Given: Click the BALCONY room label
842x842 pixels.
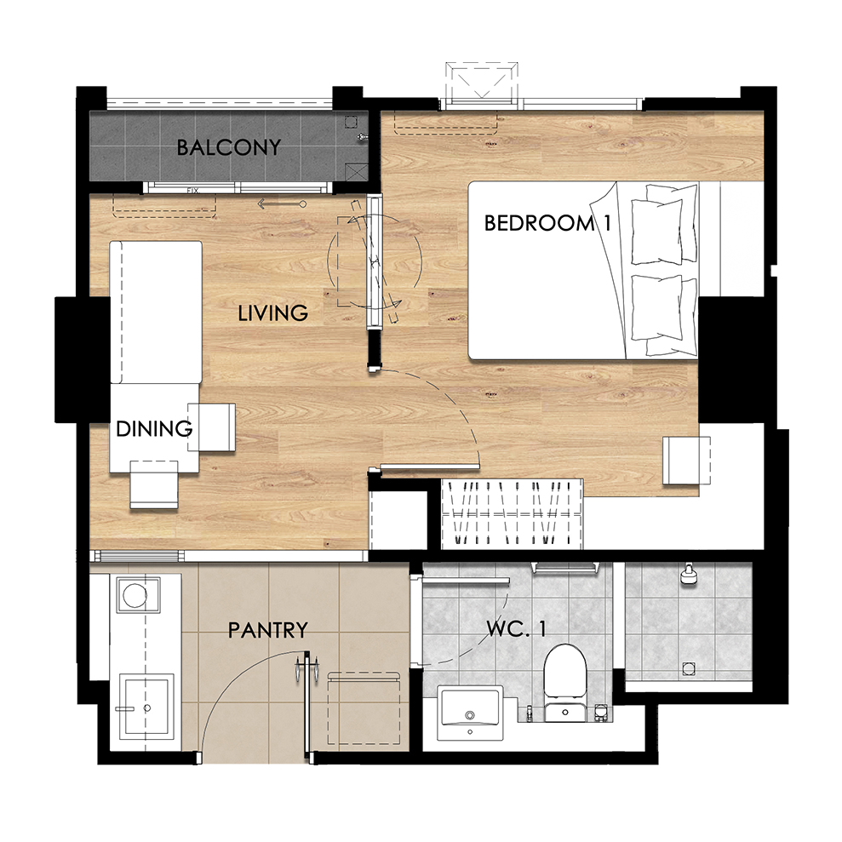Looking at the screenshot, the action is tap(229, 147).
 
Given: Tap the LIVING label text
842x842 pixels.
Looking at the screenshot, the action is tap(272, 313).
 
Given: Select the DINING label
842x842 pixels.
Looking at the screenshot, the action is tap(154, 428).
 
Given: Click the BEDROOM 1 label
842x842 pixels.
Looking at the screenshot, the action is tap(547, 223).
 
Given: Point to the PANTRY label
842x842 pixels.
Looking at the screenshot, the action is tap(268, 630).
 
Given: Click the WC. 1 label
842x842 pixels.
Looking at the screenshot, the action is tap(517, 628).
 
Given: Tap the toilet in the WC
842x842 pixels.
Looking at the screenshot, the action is tap(564, 683).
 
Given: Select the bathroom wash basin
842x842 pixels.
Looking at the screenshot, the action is tap(470, 713).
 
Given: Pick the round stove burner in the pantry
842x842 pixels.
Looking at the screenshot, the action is tap(135, 595).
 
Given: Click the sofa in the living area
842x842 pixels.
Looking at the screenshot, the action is tap(156, 312).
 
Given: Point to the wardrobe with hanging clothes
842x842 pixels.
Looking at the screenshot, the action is tap(512, 514).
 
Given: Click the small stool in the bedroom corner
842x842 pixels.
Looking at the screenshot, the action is tap(686, 461).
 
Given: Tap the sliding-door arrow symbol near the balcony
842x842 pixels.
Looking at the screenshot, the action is tap(282, 204).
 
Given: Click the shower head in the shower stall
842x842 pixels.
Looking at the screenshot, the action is tap(689, 574).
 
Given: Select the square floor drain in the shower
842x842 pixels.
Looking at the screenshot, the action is tap(688, 668).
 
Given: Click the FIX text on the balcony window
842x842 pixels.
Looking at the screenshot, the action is tap(192, 191).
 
